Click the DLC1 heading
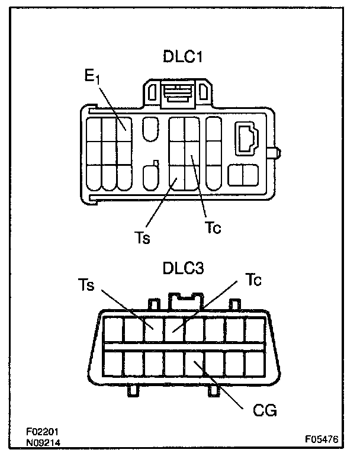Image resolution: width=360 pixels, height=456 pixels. pyautogui.click(x=183, y=57)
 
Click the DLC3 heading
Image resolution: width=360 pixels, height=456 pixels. pyautogui.click(x=183, y=268)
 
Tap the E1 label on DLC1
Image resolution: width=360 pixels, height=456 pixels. pyautogui.click(x=94, y=78)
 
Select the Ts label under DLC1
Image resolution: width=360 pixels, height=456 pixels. pyautogui.click(x=142, y=239)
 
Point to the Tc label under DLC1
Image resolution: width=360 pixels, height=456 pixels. pyautogui.click(x=214, y=227)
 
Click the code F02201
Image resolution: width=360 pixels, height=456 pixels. pyautogui.click(x=42, y=432)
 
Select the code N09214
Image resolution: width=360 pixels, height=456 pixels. pyautogui.click(x=42, y=442)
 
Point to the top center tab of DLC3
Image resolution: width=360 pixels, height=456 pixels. pyautogui.click(x=183, y=301)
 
